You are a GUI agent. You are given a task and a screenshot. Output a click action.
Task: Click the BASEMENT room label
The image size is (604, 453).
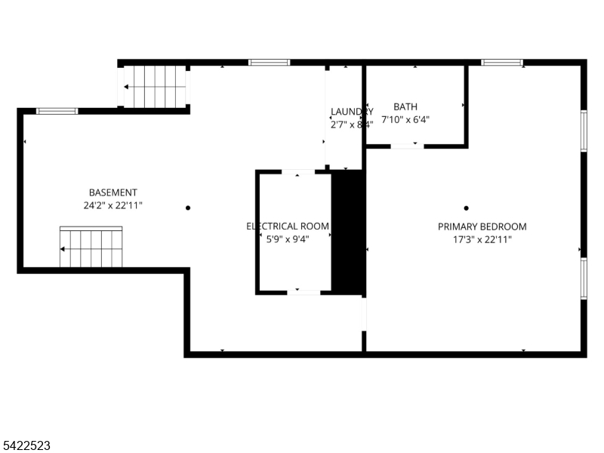coord(113,193)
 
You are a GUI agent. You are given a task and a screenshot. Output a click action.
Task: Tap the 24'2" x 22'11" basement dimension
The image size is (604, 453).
coord(113,205)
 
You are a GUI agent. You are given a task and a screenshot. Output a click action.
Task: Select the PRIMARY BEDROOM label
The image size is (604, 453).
coord(482,226)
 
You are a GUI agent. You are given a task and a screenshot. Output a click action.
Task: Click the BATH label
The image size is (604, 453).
coord(405,107)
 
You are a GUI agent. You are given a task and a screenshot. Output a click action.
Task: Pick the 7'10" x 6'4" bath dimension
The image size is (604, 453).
coord(405,119)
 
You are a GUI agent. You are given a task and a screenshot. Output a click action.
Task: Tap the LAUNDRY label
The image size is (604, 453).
coord(352,112)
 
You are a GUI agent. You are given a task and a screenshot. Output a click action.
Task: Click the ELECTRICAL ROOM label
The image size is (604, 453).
coord(288,226)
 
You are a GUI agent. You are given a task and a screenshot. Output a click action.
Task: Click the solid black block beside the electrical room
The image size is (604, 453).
coord(348,232)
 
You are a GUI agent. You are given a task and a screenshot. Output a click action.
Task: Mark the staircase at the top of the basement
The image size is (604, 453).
coord(156,86)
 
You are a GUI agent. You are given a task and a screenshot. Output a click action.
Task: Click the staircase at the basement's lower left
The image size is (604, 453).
coord(91,247)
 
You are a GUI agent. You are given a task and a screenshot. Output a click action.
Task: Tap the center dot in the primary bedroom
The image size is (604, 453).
coord(467,208)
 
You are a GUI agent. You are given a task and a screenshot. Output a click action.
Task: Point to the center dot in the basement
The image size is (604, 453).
coord(188,208)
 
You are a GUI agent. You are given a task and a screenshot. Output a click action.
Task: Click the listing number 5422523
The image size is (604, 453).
coord(26,446)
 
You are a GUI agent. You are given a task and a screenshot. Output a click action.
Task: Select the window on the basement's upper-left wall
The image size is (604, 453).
coord(57,111)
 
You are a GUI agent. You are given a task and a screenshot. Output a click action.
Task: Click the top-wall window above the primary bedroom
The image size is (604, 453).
coord(502,63)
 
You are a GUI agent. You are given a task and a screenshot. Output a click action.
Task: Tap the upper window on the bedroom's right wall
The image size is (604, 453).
coord(584,131)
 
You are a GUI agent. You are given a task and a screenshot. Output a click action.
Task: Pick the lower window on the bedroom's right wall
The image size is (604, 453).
coord(584,279)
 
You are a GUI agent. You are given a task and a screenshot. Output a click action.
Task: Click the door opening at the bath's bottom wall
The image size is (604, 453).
coord(407,145)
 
